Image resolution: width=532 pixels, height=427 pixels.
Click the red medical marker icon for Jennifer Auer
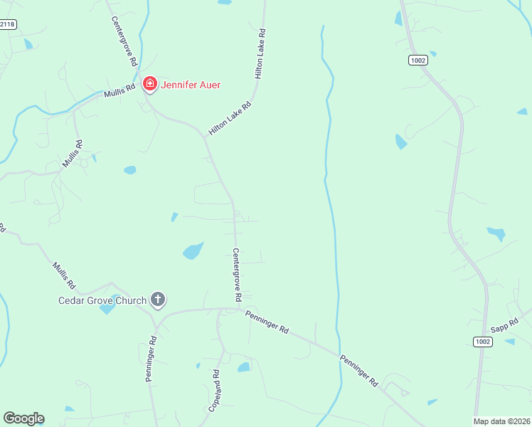(x=149, y=85)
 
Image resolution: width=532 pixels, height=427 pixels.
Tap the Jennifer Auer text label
(x=191, y=85)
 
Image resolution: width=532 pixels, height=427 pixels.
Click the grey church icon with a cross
(x=158, y=300)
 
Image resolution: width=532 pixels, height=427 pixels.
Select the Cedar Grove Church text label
(x=102, y=300)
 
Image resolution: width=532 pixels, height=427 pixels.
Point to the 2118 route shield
(x=7, y=24)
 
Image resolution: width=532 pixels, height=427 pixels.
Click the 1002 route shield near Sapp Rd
(x=482, y=342)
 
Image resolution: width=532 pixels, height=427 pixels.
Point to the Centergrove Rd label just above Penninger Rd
(x=238, y=274)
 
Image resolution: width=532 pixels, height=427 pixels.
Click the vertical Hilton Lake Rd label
(x=260, y=53)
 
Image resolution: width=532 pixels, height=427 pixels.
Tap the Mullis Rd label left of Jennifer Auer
(x=119, y=90)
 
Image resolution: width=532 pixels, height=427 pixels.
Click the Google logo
(x=23, y=418)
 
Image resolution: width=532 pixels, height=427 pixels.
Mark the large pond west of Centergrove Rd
(x=193, y=251)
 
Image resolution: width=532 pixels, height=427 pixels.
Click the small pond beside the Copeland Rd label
(x=244, y=367)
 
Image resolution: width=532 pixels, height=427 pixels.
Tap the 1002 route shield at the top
(x=417, y=60)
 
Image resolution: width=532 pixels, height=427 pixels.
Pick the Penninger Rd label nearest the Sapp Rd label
(x=358, y=370)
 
